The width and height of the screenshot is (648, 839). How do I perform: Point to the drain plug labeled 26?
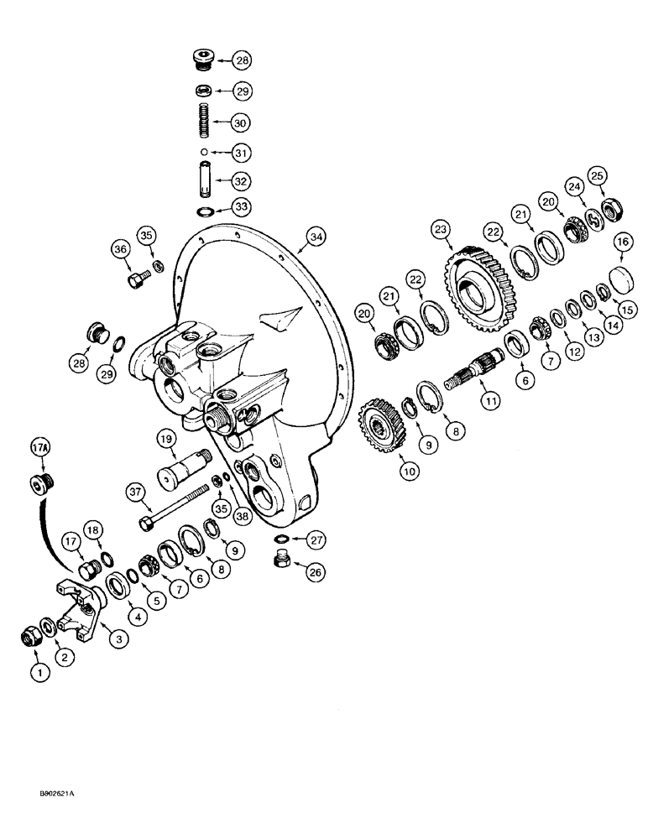pyautogui.click(x=283, y=560)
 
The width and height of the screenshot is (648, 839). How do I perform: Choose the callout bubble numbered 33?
pyautogui.click(x=242, y=206)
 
